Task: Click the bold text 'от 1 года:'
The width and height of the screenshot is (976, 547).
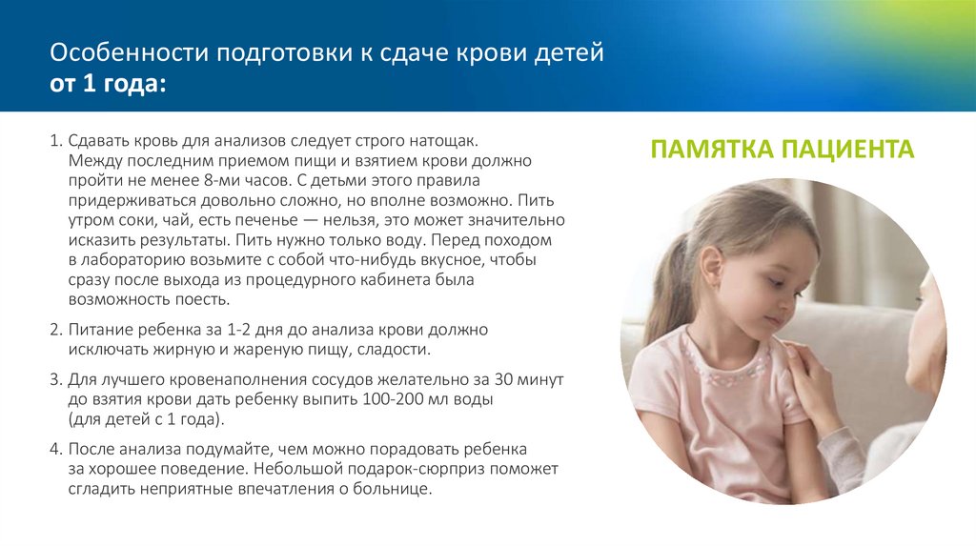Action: tap(108, 85)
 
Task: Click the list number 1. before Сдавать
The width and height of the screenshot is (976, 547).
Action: tap(55, 139)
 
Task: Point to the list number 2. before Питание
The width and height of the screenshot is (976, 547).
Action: tap(55, 329)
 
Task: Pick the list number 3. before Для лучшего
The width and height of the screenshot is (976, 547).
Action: tap(55, 378)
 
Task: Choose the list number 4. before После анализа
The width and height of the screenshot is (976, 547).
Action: tap(55, 448)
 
